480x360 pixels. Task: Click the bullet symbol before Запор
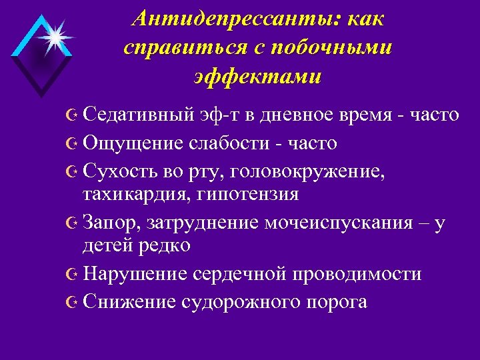(73, 223)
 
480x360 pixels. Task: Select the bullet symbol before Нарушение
(73, 274)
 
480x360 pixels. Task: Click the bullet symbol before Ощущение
(73, 143)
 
